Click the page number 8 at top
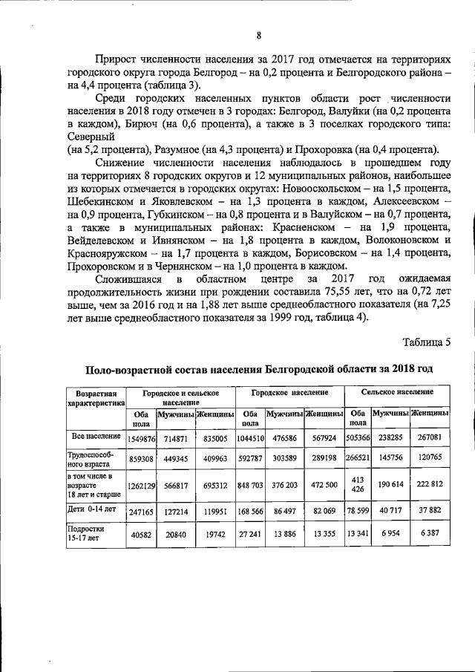(x=258, y=36)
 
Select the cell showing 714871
(x=175, y=440)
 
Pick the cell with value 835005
(x=215, y=440)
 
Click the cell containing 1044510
(x=250, y=440)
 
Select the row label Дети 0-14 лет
(x=92, y=512)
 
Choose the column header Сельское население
(x=398, y=391)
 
